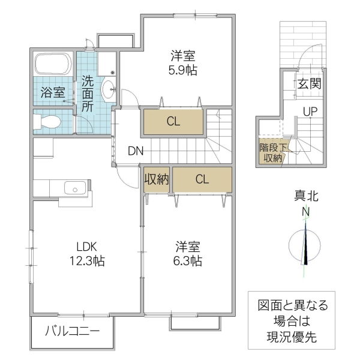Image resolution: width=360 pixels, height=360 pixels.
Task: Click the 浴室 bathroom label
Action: click(x=53, y=92)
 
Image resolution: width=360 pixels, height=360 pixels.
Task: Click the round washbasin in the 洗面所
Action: click(x=109, y=91)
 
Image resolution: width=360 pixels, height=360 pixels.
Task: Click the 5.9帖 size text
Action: click(x=183, y=69)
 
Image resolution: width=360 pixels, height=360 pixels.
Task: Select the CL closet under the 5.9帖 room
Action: click(x=173, y=122)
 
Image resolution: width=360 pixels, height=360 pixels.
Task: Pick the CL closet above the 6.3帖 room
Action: click(x=202, y=179)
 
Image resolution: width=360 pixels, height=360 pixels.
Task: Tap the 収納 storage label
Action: click(x=157, y=179)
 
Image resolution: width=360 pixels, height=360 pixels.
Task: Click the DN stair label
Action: click(x=135, y=151)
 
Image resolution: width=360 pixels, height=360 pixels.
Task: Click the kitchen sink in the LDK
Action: click(x=72, y=188)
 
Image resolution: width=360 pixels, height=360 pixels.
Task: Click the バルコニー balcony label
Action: click(x=72, y=331)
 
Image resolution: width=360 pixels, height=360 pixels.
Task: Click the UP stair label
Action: click(x=310, y=112)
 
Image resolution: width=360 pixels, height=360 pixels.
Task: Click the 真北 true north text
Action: click(x=305, y=196)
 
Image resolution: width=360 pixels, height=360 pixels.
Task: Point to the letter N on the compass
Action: click(x=305, y=212)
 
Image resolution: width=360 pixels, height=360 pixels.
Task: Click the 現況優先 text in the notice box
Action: click(x=293, y=337)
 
